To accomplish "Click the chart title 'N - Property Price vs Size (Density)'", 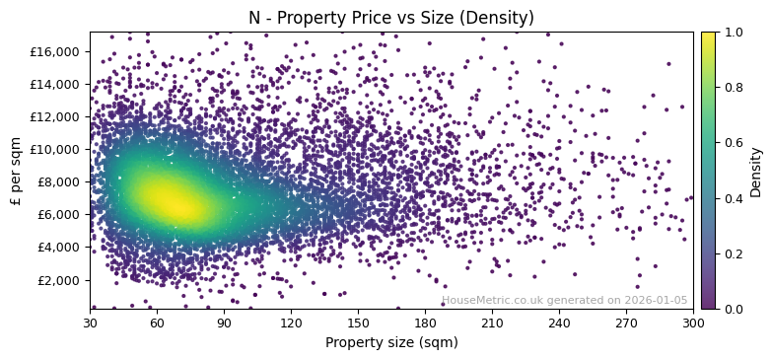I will coord(391,18).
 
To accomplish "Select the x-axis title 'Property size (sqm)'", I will coord(391,342).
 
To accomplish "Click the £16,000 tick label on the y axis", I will coord(57,51).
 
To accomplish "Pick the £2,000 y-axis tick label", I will coord(60,280).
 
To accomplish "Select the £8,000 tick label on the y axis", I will coord(60,181).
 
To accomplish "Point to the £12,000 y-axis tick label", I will coord(57,116).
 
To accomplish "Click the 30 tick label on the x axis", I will coord(90,323).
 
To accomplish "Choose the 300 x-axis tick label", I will coord(693,323).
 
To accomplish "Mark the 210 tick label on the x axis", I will coord(492,323).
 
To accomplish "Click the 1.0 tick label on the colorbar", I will coord(735,32).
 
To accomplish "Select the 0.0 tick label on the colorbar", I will coord(735,309).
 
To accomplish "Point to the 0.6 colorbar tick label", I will coord(735,143).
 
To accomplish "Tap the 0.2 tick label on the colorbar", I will coord(735,253).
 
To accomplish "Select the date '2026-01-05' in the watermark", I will coord(655,301).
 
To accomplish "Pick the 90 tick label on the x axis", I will coord(224,323).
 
